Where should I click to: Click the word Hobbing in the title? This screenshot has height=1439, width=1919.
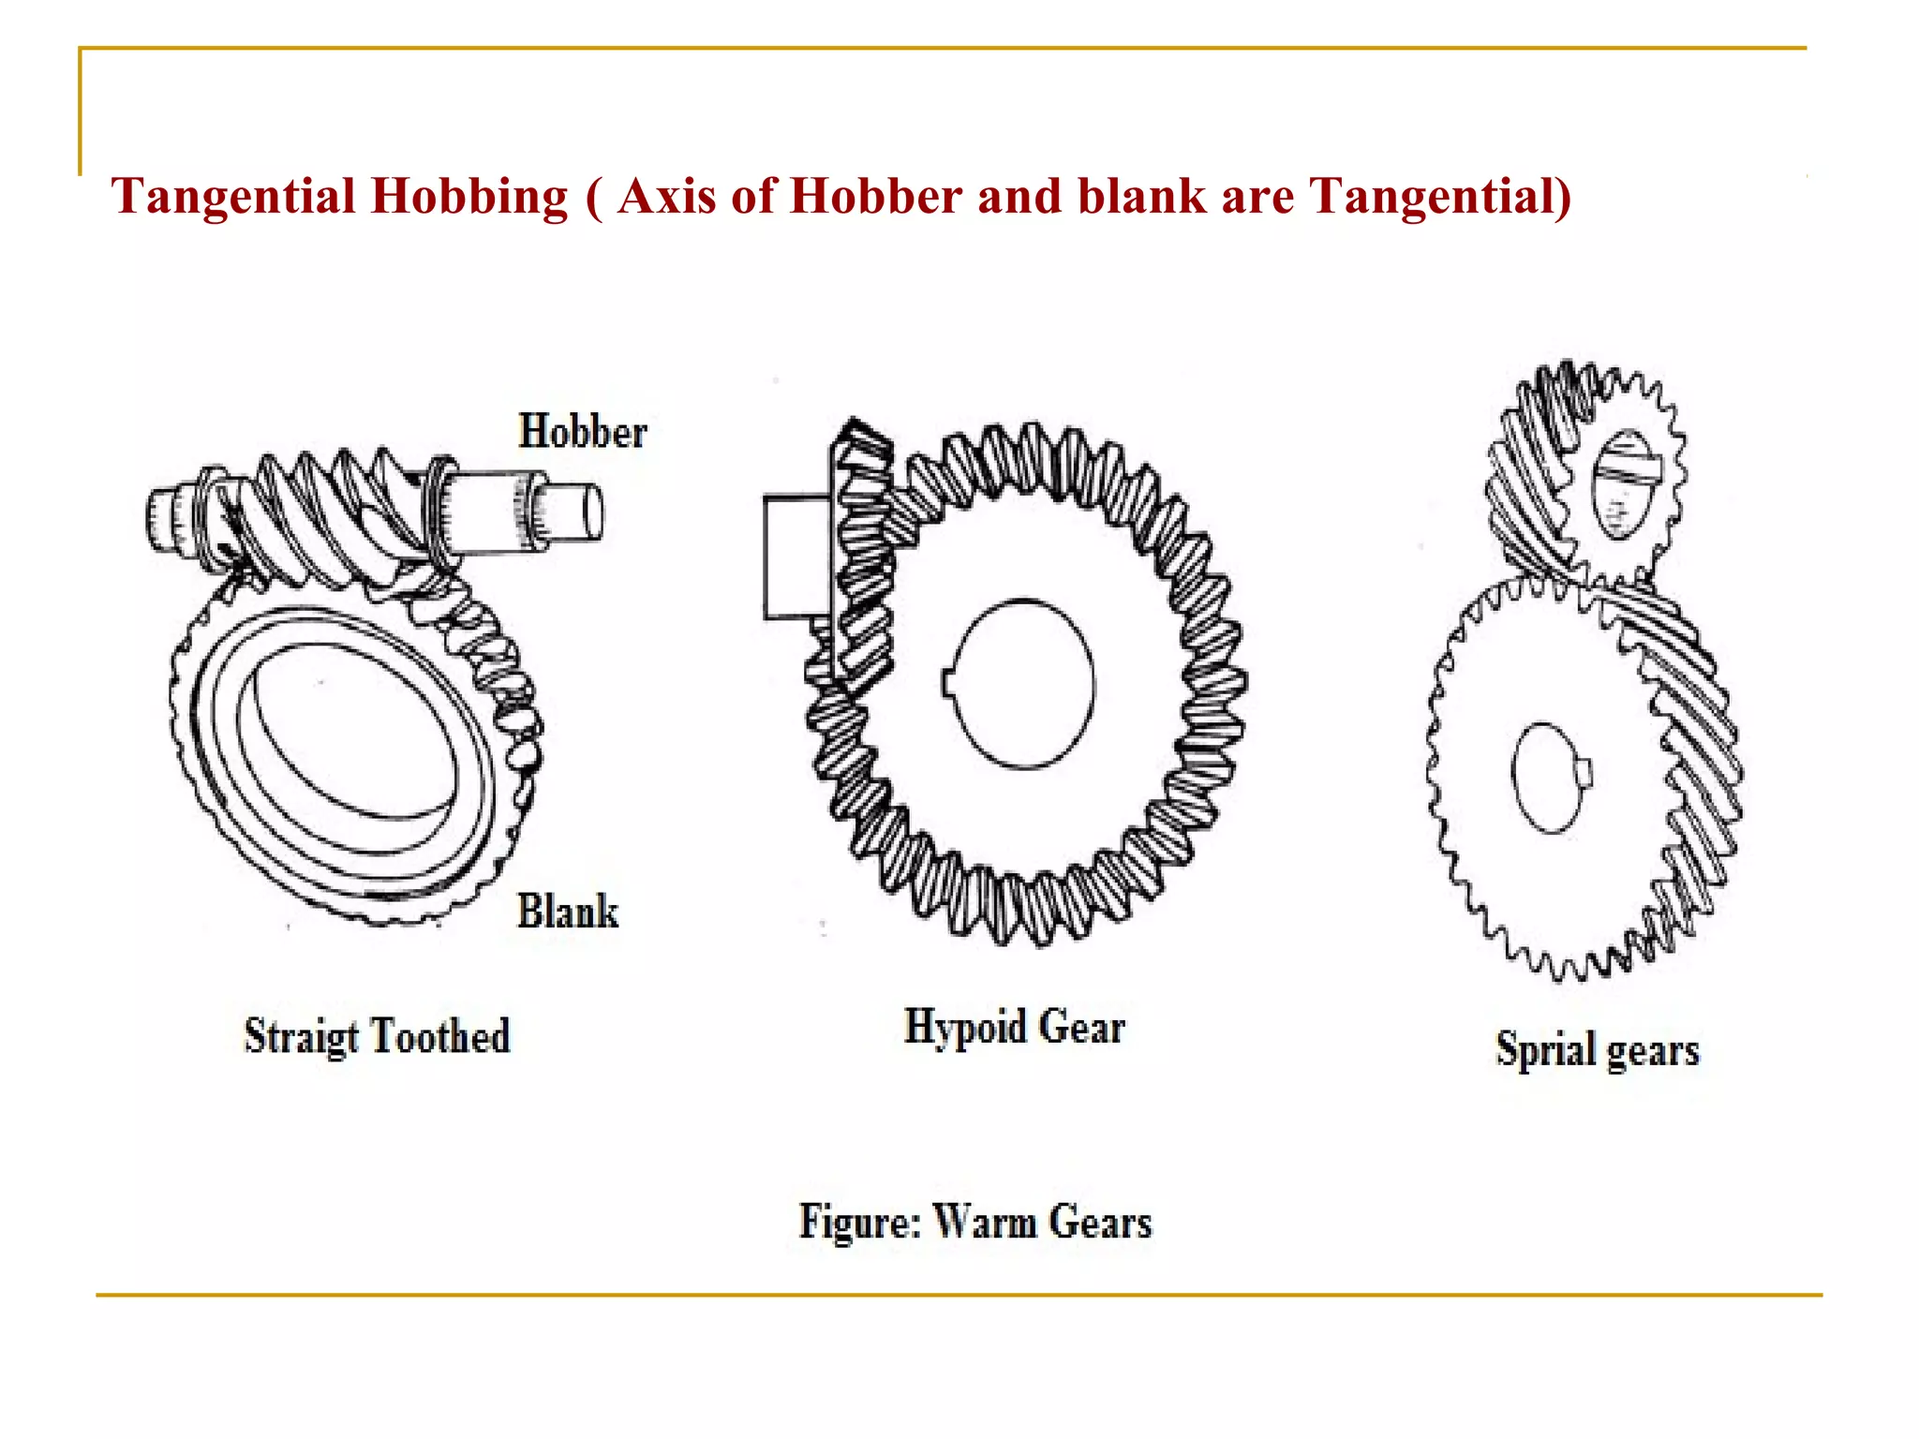pos(469,197)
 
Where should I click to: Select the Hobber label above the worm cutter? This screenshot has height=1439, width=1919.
pos(582,432)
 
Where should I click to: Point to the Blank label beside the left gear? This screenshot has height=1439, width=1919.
pos(568,912)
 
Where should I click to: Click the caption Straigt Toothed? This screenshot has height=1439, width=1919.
pos(377,1036)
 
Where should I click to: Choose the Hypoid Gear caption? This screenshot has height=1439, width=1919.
pos(1014,1027)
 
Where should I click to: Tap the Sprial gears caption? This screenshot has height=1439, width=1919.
pos(1597,1049)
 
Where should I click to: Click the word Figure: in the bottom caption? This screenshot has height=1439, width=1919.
pos(860,1222)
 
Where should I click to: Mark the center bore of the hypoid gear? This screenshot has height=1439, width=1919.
pos(1019,684)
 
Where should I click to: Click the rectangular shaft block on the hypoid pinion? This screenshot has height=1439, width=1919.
pos(796,557)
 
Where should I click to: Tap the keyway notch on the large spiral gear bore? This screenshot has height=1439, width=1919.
pos(1585,771)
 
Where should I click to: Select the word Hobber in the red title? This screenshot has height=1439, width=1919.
pos(876,197)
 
